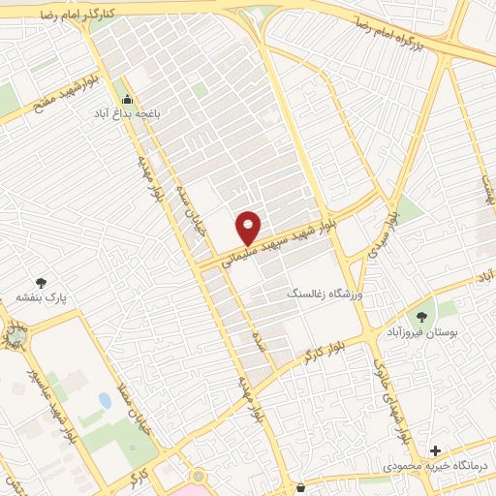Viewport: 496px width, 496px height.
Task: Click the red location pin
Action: [x=249, y=227]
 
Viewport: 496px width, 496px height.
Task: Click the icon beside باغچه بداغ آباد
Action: [x=127, y=99]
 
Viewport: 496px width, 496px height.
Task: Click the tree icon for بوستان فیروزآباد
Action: [x=422, y=315]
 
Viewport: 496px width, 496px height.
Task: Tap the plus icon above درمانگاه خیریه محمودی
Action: [x=435, y=450]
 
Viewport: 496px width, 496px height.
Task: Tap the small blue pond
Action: [x=105, y=399]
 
